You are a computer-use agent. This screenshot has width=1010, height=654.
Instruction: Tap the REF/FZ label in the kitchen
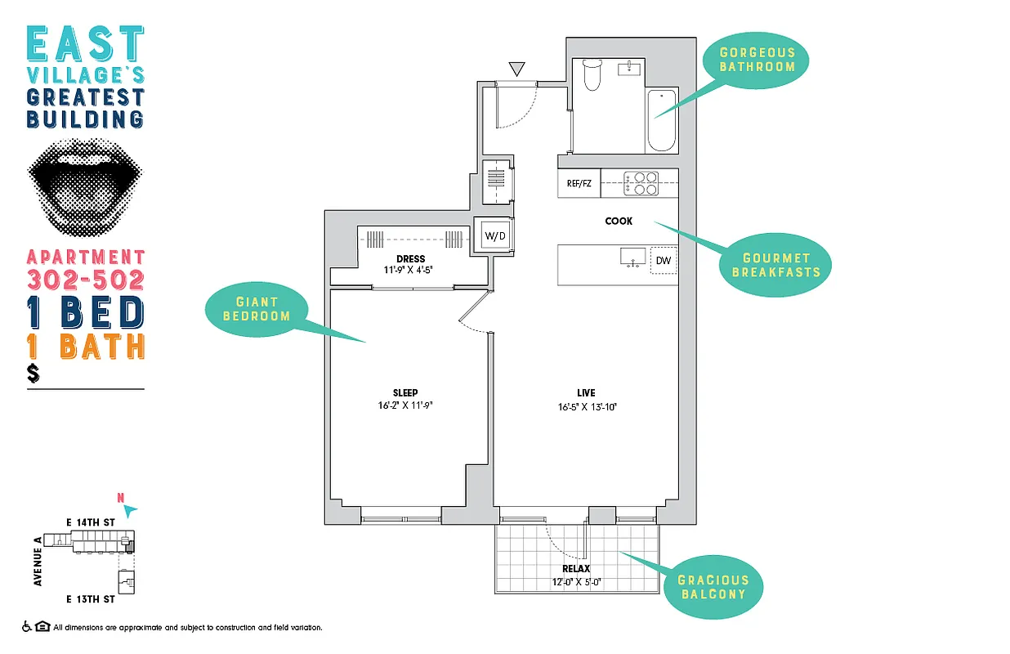click(579, 184)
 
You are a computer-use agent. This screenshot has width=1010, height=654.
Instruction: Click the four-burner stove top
click(641, 183)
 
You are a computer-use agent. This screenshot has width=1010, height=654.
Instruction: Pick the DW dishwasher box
click(664, 261)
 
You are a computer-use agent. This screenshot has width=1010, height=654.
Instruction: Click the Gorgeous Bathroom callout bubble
click(757, 60)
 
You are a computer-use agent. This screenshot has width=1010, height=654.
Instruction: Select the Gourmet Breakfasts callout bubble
click(775, 265)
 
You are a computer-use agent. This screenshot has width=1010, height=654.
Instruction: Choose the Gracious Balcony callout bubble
click(713, 586)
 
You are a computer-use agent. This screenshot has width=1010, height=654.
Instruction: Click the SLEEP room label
click(405, 393)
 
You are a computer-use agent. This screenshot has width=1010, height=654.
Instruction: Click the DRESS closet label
click(410, 259)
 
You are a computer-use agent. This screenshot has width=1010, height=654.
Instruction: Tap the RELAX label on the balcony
click(575, 569)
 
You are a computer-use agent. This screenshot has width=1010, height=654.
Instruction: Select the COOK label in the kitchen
click(618, 221)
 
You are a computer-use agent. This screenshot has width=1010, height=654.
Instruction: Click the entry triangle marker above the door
click(516, 68)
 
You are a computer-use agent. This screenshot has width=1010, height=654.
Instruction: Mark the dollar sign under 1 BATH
click(34, 374)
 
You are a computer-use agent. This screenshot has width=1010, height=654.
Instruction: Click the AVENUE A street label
click(38, 562)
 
